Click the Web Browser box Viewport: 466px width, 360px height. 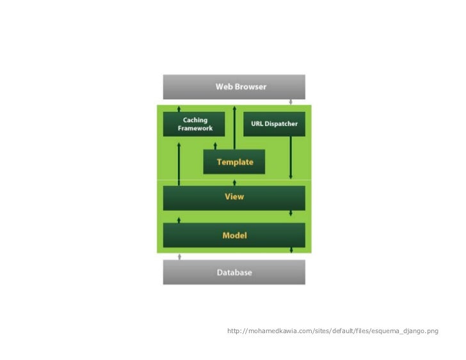[234, 86]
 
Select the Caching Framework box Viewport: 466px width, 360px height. [194, 123]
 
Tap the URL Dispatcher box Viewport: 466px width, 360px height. [274, 123]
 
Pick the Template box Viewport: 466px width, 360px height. [234, 162]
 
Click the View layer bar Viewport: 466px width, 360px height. [234, 198]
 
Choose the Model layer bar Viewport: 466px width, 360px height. [234, 235]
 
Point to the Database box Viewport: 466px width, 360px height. [234, 272]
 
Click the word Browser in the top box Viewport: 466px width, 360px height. [250, 86]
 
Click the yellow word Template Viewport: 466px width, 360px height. [235, 162]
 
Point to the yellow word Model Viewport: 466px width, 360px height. [234, 235]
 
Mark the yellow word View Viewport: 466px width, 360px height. [234, 196]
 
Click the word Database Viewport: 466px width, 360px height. [234, 272]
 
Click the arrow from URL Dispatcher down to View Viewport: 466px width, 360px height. [291, 157]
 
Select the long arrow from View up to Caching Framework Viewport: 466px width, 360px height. [179, 163]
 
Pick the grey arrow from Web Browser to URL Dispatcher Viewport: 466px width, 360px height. [291, 102]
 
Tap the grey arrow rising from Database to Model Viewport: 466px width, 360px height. [179, 256]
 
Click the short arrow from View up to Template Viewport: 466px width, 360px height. [234, 182]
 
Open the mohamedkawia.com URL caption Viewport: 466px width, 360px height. [333, 331]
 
